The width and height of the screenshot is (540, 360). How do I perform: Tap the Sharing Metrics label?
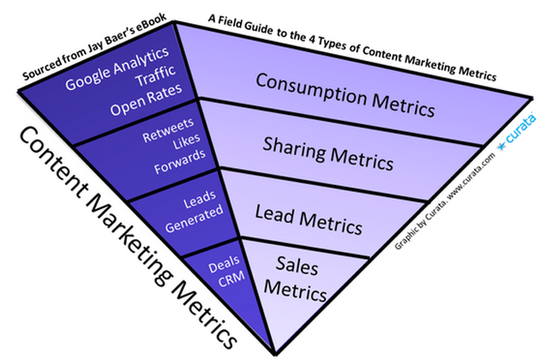tap(327, 153)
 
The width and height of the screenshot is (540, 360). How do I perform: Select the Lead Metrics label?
tap(309, 219)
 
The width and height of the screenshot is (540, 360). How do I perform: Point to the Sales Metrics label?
tap(296, 279)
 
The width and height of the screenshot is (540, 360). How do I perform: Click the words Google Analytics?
tap(117, 69)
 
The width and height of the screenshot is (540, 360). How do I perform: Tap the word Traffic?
tap(156, 76)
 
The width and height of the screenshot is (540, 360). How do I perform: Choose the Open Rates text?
tap(146, 99)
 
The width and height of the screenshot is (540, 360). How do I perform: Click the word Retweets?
tap(168, 130)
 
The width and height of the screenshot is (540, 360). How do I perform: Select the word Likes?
tap(187, 141)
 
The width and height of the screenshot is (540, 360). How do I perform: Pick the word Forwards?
tap(180, 161)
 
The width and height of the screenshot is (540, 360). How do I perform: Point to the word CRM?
tap(231, 279)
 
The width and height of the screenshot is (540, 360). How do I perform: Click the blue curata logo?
tap(516, 132)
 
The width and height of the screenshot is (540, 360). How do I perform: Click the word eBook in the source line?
tap(151, 22)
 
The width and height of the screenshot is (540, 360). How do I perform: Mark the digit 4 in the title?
tap(311, 38)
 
